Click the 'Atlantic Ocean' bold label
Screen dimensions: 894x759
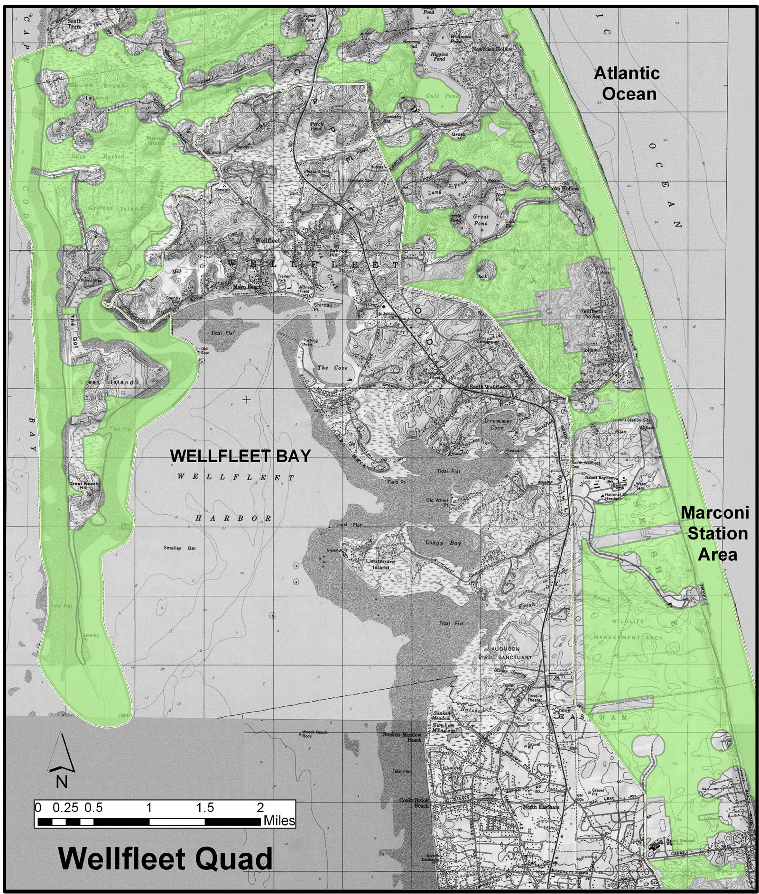click(x=626, y=83)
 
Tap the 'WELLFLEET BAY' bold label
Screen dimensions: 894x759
click(x=240, y=456)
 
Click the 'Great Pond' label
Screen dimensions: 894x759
click(x=480, y=219)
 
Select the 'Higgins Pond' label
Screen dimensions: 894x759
click(x=439, y=57)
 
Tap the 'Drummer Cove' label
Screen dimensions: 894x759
click(x=499, y=424)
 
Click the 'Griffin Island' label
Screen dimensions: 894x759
click(x=115, y=208)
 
